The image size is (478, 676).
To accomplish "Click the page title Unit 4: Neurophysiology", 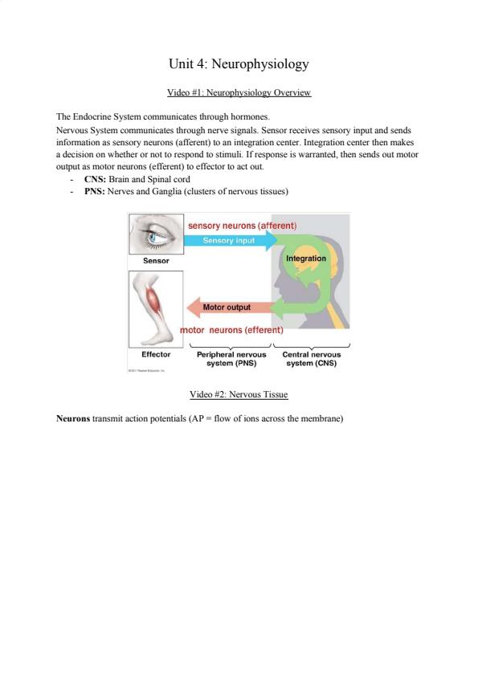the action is coord(239,64).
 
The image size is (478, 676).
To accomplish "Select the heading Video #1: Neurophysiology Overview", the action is coord(239,92).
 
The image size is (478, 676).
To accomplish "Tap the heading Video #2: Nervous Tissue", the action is coord(239,394).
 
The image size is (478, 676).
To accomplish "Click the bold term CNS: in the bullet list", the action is coord(95,179).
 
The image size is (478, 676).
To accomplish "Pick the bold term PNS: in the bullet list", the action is coord(95,191).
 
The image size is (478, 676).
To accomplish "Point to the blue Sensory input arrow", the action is coord(231,241).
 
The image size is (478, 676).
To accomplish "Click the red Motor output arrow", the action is coord(230,307).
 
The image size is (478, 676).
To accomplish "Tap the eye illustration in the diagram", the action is coord(156,234).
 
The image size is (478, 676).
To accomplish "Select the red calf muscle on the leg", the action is coord(153,299).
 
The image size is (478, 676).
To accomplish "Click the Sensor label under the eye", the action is coord(156,260).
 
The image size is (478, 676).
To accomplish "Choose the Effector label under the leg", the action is coord(156,354).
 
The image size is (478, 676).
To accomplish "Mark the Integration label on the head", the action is coord(306,259).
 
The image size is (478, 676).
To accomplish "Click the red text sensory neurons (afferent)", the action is coord(243,226).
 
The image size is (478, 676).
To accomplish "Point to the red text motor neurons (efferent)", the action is coord(231,330).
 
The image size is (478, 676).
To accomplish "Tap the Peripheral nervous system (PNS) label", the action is coord(231,359).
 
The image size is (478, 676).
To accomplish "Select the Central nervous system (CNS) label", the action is coord(312,359).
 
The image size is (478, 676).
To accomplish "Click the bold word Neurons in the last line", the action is coord(73,418).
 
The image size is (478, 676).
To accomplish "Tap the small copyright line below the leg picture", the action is coord(147,370).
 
